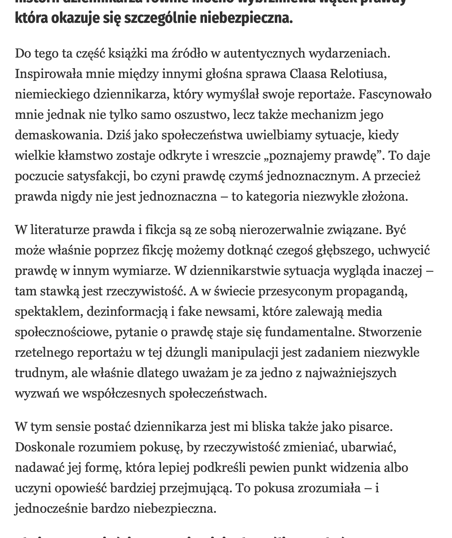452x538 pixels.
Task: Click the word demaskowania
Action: [x=59, y=135]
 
